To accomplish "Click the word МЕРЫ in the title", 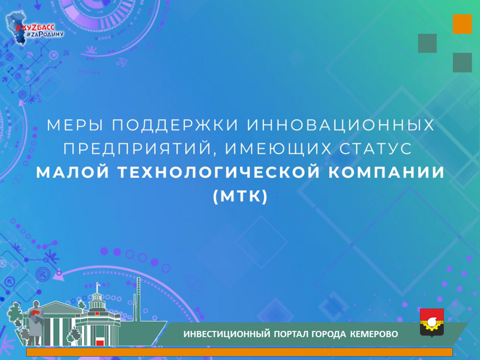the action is pyautogui.click(x=75, y=125).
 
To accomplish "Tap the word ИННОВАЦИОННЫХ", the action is pyautogui.click(x=340, y=125).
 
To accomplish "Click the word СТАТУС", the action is pyautogui.click(x=375, y=149).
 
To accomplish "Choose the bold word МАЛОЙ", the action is pyautogui.click(x=72, y=172).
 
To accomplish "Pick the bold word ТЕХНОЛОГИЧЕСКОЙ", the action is pyautogui.click(x=219, y=172).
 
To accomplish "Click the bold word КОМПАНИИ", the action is pyautogui.click(x=386, y=172).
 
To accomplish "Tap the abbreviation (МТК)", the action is pyautogui.click(x=240, y=196).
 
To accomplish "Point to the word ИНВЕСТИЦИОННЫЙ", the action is pyautogui.click(x=226, y=334).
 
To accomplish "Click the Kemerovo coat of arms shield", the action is pyautogui.click(x=432, y=323).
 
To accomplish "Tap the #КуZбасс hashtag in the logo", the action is pyautogui.click(x=35, y=28).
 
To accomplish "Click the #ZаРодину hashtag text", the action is pyautogui.click(x=45, y=34).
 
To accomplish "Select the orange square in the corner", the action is pyautogui.click(x=462, y=24).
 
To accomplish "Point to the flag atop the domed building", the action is pyautogui.click(x=98, y=284).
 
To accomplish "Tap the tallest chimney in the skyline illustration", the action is pyautogui.click(x=139, y=299).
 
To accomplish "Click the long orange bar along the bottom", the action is pyautogui.click(x=239, y=352).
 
